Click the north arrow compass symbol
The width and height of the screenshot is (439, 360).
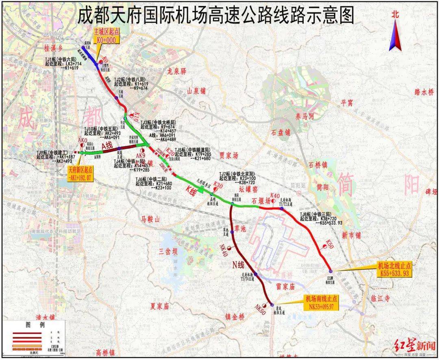[x=395, y=35]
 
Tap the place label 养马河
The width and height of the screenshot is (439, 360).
[x=305, y=116]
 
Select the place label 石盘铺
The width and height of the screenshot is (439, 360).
[x=281, y=132]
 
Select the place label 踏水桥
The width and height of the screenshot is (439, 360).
[x=424, y=92]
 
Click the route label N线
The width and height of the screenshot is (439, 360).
[x=238, y=265]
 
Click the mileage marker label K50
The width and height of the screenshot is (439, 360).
[x=330, y=245]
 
